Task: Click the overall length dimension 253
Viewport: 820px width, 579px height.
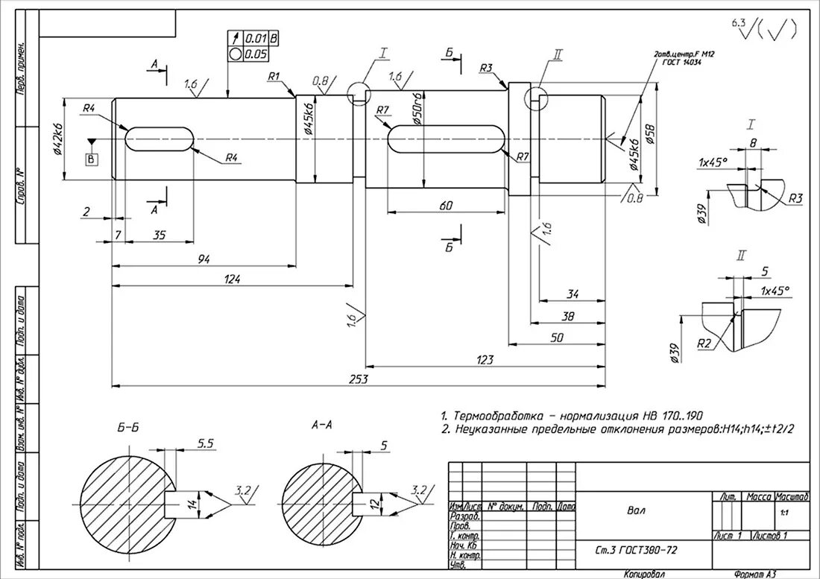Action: (x=359, y=379)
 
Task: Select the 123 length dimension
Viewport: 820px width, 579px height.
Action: (x=485, y=360)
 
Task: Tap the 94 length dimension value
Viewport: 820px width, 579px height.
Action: (x=204, y=259)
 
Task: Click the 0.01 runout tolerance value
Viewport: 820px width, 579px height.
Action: (x=256, y=38)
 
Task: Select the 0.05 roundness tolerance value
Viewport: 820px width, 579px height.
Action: (x=256, y=54)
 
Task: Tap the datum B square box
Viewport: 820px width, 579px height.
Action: (x=92, y=159)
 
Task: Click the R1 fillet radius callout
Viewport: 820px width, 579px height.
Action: (x=273, y=76)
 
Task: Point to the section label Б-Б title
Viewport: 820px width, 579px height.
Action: (x=127, y=428)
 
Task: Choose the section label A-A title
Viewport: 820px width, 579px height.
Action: (x=321, y=425)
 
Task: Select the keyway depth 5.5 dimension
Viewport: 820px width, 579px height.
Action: (x=205, y=443)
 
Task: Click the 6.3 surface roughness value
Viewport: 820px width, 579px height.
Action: (x=739, y=23)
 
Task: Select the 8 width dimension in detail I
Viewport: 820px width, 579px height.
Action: (x=753, y=142)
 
